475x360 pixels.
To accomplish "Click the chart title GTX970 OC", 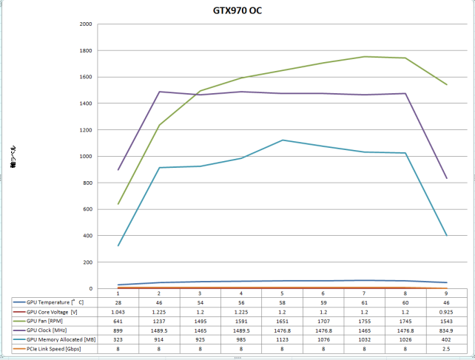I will click(237, 11).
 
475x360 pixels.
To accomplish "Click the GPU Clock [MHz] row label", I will click(50, 330).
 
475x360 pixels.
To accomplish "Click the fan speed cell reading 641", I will click(118, 321).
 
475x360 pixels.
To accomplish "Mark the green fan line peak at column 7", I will click(364, 56).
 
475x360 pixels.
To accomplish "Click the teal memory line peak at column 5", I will click(283, 140).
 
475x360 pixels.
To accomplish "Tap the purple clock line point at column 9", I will click(445, 178).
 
